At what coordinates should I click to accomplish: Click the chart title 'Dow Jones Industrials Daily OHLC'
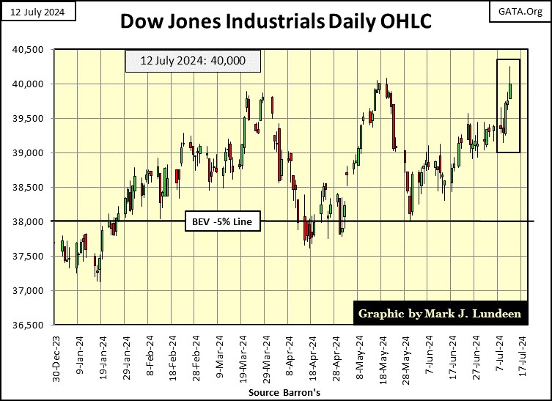coord(275,22)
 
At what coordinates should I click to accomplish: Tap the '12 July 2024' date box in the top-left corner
coord(32,10)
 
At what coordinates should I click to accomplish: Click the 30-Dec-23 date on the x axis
coord(56,358)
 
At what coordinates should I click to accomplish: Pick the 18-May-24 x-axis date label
coord(381,358)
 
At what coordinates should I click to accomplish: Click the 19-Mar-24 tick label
coord(242,358)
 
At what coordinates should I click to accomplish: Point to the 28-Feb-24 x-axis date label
coord(196,358)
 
